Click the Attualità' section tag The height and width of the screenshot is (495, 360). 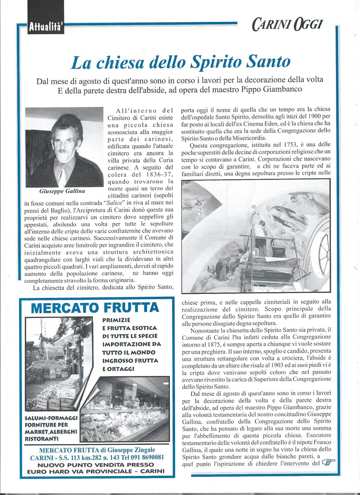[46, 27]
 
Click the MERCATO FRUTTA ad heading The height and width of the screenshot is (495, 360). [95, 308]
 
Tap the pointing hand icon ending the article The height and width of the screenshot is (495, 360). [328, 462]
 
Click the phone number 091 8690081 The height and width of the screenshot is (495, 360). [145, 457]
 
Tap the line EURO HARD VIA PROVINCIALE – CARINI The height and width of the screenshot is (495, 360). [96, 471]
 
